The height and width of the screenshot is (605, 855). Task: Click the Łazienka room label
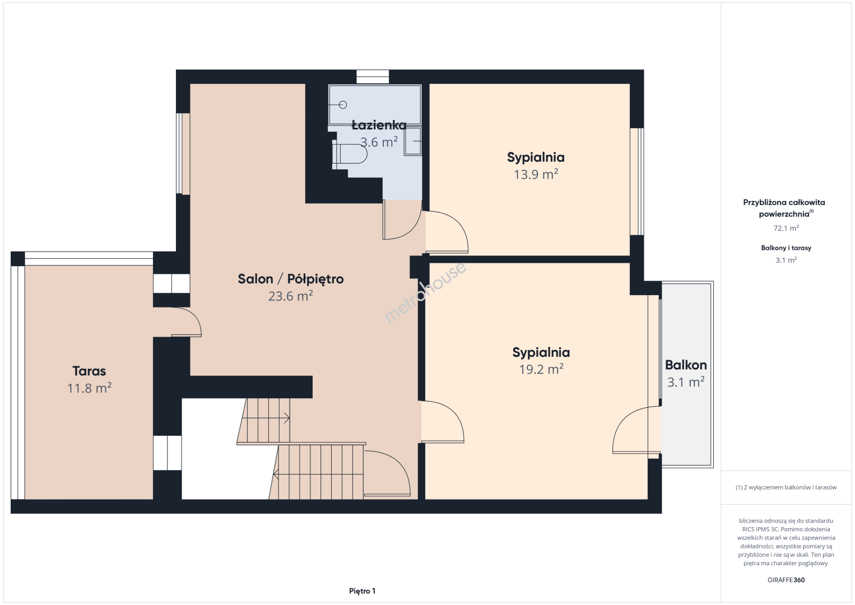coord(379,125)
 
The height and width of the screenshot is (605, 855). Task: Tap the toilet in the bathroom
coord(350,154)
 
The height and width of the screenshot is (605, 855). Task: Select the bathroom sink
coord(412,141)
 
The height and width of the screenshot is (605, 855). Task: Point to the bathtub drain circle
coord(343,104)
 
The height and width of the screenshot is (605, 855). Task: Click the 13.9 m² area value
coord(536,174)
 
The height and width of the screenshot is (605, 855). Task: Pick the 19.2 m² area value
coord(541,369)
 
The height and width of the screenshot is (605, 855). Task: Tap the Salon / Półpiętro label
coord(291,279)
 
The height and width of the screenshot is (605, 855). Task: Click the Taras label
coord(89,371)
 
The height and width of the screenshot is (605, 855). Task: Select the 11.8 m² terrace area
coord(89,388)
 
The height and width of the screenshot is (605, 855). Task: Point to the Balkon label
coord(686,365)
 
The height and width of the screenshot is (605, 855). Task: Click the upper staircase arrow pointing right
coord(266,418)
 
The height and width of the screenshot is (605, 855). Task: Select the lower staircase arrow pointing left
coord(318,474)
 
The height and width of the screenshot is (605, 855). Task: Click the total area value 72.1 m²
coord(786,228)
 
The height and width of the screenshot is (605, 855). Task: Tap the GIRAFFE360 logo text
coord(786,580)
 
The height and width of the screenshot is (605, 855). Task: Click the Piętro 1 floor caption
coord(363,591)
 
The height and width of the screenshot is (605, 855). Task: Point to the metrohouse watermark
coord(425,292)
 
